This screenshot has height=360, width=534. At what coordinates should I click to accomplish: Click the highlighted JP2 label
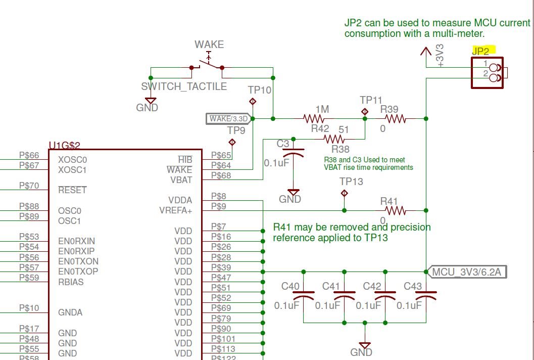[480, 51]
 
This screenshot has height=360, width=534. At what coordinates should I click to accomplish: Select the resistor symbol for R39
[395, 119]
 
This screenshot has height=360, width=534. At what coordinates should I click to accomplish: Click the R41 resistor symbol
[395, 210]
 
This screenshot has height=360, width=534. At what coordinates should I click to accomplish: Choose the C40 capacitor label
[290, 287]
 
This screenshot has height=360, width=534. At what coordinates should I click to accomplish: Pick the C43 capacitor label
[413, 287]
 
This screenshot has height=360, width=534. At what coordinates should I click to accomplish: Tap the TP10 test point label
[260, 90]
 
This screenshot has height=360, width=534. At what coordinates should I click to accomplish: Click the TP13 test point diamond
[345, 193]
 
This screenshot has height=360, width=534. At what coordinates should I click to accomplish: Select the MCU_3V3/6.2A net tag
[466, 273]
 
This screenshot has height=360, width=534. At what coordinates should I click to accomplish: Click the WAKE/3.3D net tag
[228, 119]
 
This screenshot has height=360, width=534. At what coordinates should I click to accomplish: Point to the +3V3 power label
[440, 56]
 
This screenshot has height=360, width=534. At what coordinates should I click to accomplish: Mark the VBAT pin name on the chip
[182, 180]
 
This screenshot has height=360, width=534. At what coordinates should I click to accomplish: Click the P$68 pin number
[221, 175]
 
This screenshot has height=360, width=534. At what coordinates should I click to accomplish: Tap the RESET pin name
[72, 190]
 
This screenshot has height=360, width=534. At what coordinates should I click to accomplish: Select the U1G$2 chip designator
[65, 146]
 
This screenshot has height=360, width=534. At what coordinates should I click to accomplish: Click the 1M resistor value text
[322, 109]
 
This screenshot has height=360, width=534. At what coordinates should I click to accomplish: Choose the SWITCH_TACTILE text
[184, 86]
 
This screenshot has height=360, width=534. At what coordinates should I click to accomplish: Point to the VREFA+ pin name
[176, 211]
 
